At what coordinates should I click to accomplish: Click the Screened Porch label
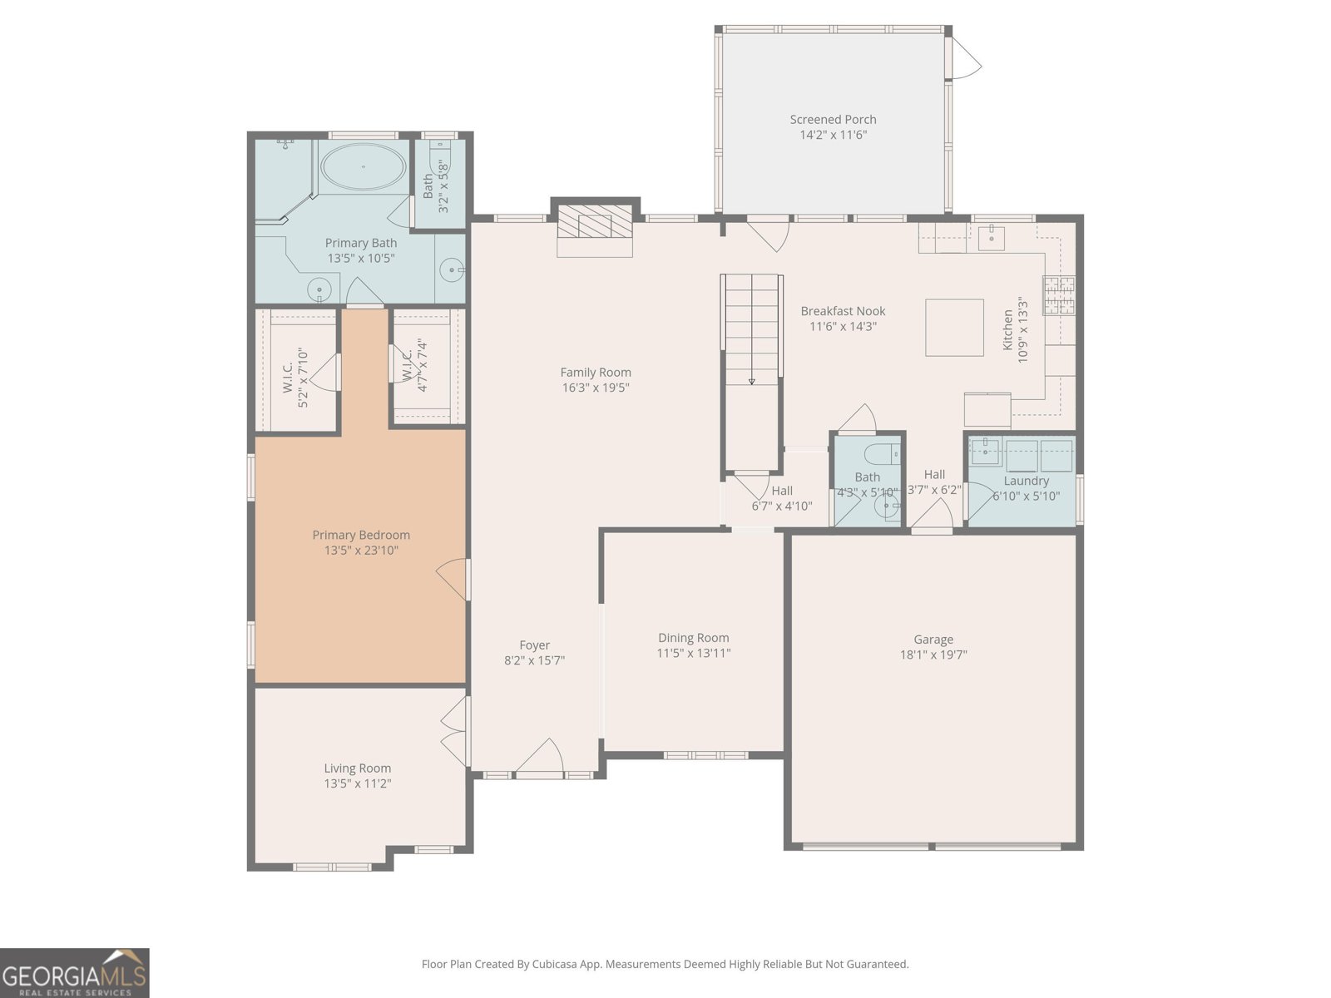pyautogui.click(x=833, y=120)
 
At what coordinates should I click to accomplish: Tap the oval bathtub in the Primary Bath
pyautogui.click(x=364, y=166)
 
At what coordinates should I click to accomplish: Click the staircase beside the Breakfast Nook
pyautogui.click(x=751, y=372)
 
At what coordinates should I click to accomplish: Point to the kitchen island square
pyautogui.click(x=954, y=327)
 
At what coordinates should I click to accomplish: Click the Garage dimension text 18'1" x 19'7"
pyautogui.click(x=933, y=655)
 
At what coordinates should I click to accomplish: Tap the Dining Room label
pyautogui.click(x=694, y=637)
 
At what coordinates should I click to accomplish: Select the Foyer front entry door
pyautogui.click(x=540, y=758)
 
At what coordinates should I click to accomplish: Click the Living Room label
pyautogui.click(x=357, y=768)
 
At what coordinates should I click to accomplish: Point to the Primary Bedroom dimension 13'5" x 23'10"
pyautogui.click(x=361, y=551)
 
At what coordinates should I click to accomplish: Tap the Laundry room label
pyautogui.click(x=1026, y=481)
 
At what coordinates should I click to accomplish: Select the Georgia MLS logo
pyautogui.click(x=75, y=973)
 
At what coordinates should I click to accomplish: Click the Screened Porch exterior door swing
pyautogui.click(x=965, y=57)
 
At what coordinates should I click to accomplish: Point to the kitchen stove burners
pyautogui.click(x=1059, y=295)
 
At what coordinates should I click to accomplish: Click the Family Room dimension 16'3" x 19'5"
pyautogui.click(x=596, y=388)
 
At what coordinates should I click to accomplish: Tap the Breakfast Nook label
pyautogui.click(x=843, y=311)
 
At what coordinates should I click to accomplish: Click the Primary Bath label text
pyautogui.click(x=361, y=242)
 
